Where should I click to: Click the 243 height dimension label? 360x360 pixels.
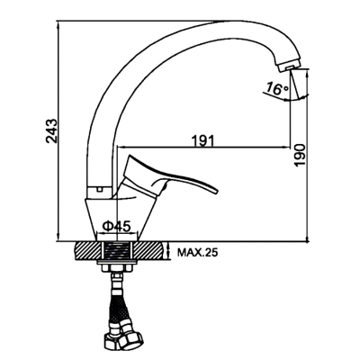51,130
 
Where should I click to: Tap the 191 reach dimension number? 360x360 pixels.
203,140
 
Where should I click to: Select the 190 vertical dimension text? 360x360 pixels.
300,155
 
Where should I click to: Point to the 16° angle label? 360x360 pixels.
277,89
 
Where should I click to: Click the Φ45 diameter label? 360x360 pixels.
117,226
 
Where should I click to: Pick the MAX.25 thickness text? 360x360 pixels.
197,253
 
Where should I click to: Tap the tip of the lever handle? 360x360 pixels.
216,191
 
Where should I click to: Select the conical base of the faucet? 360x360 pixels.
121,219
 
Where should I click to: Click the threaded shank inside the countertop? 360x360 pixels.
117,251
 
